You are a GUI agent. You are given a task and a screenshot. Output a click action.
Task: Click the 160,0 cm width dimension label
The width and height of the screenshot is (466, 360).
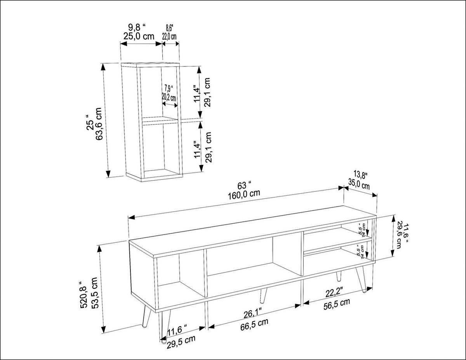[x=244, y=193]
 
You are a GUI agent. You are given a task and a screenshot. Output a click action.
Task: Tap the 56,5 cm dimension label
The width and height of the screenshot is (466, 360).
[x=337, y=303]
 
